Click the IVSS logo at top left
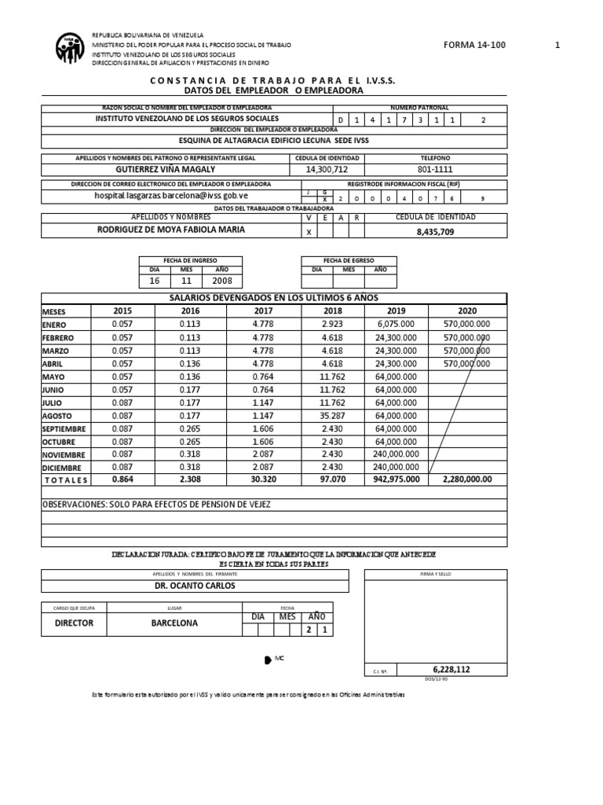[x=72, y=50]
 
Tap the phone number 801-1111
[x=434, y=169]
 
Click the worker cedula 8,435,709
[x=434, y=232]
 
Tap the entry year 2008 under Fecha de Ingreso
[x=222, y=281]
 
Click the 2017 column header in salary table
[x=262, y=311]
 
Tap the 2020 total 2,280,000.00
[x=468, y=479]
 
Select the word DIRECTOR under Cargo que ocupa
[x=74, y=623]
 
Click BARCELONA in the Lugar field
[x=174, y=623]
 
